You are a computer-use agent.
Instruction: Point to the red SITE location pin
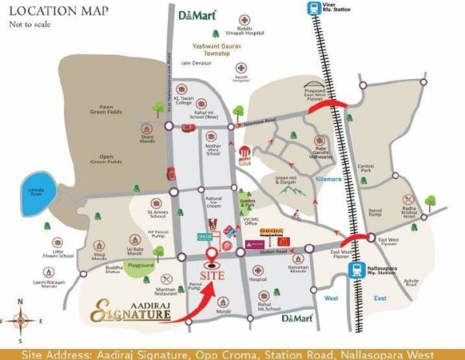[212, 259]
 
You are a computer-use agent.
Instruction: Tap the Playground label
[140, 265]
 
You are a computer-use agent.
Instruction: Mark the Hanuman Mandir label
[298, 270]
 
